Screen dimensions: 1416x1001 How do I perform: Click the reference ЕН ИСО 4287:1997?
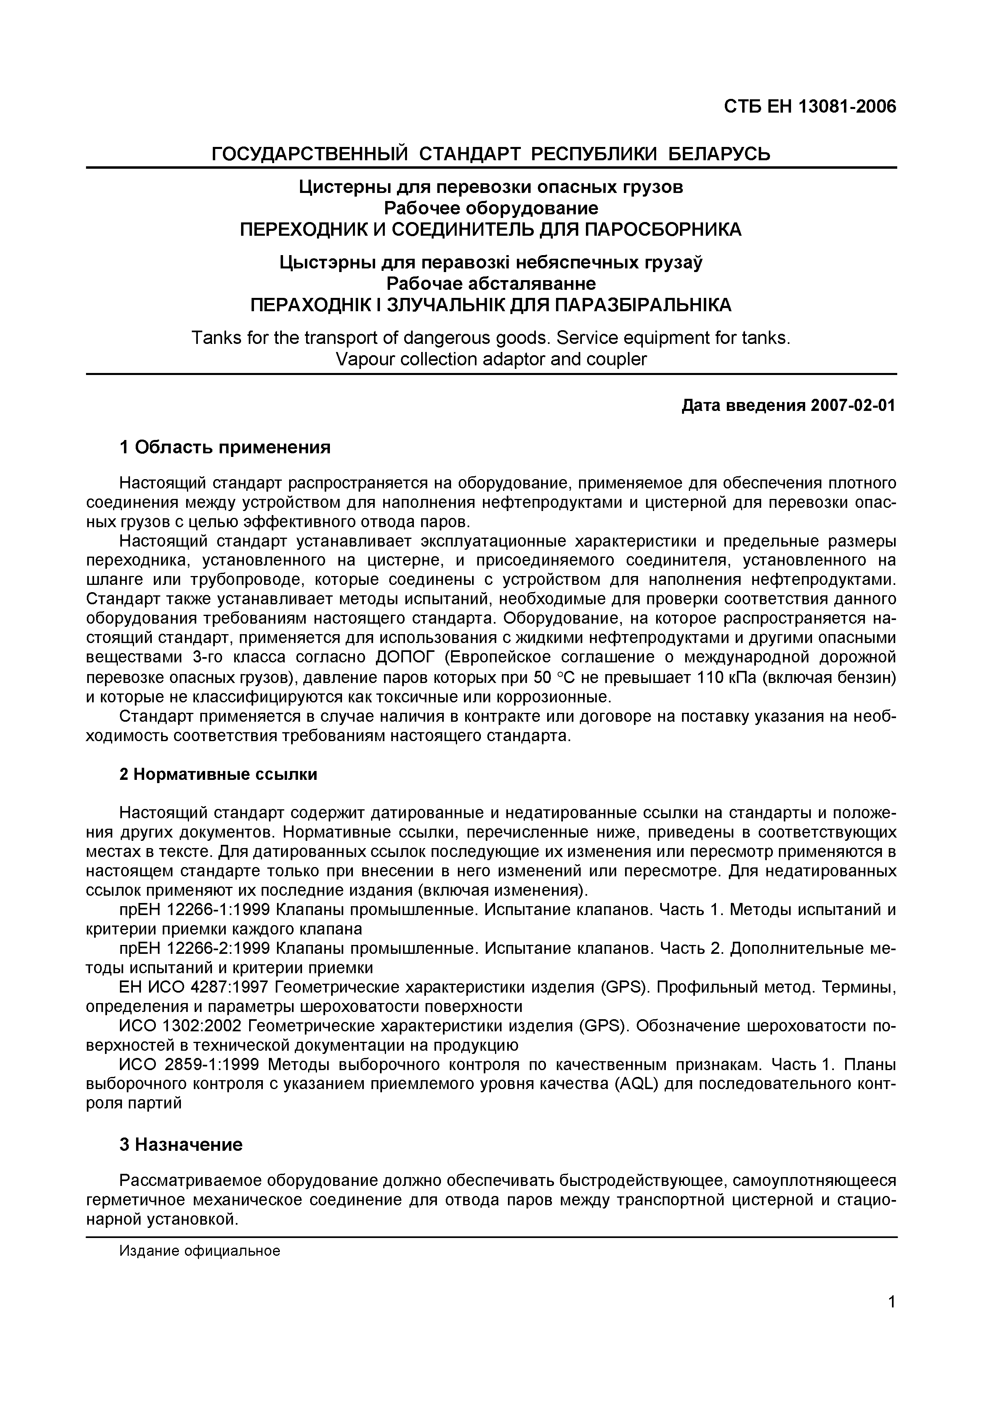193,987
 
